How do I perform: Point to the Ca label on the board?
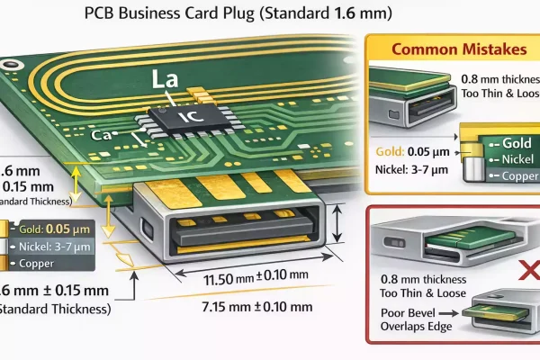[x=102, y=135]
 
